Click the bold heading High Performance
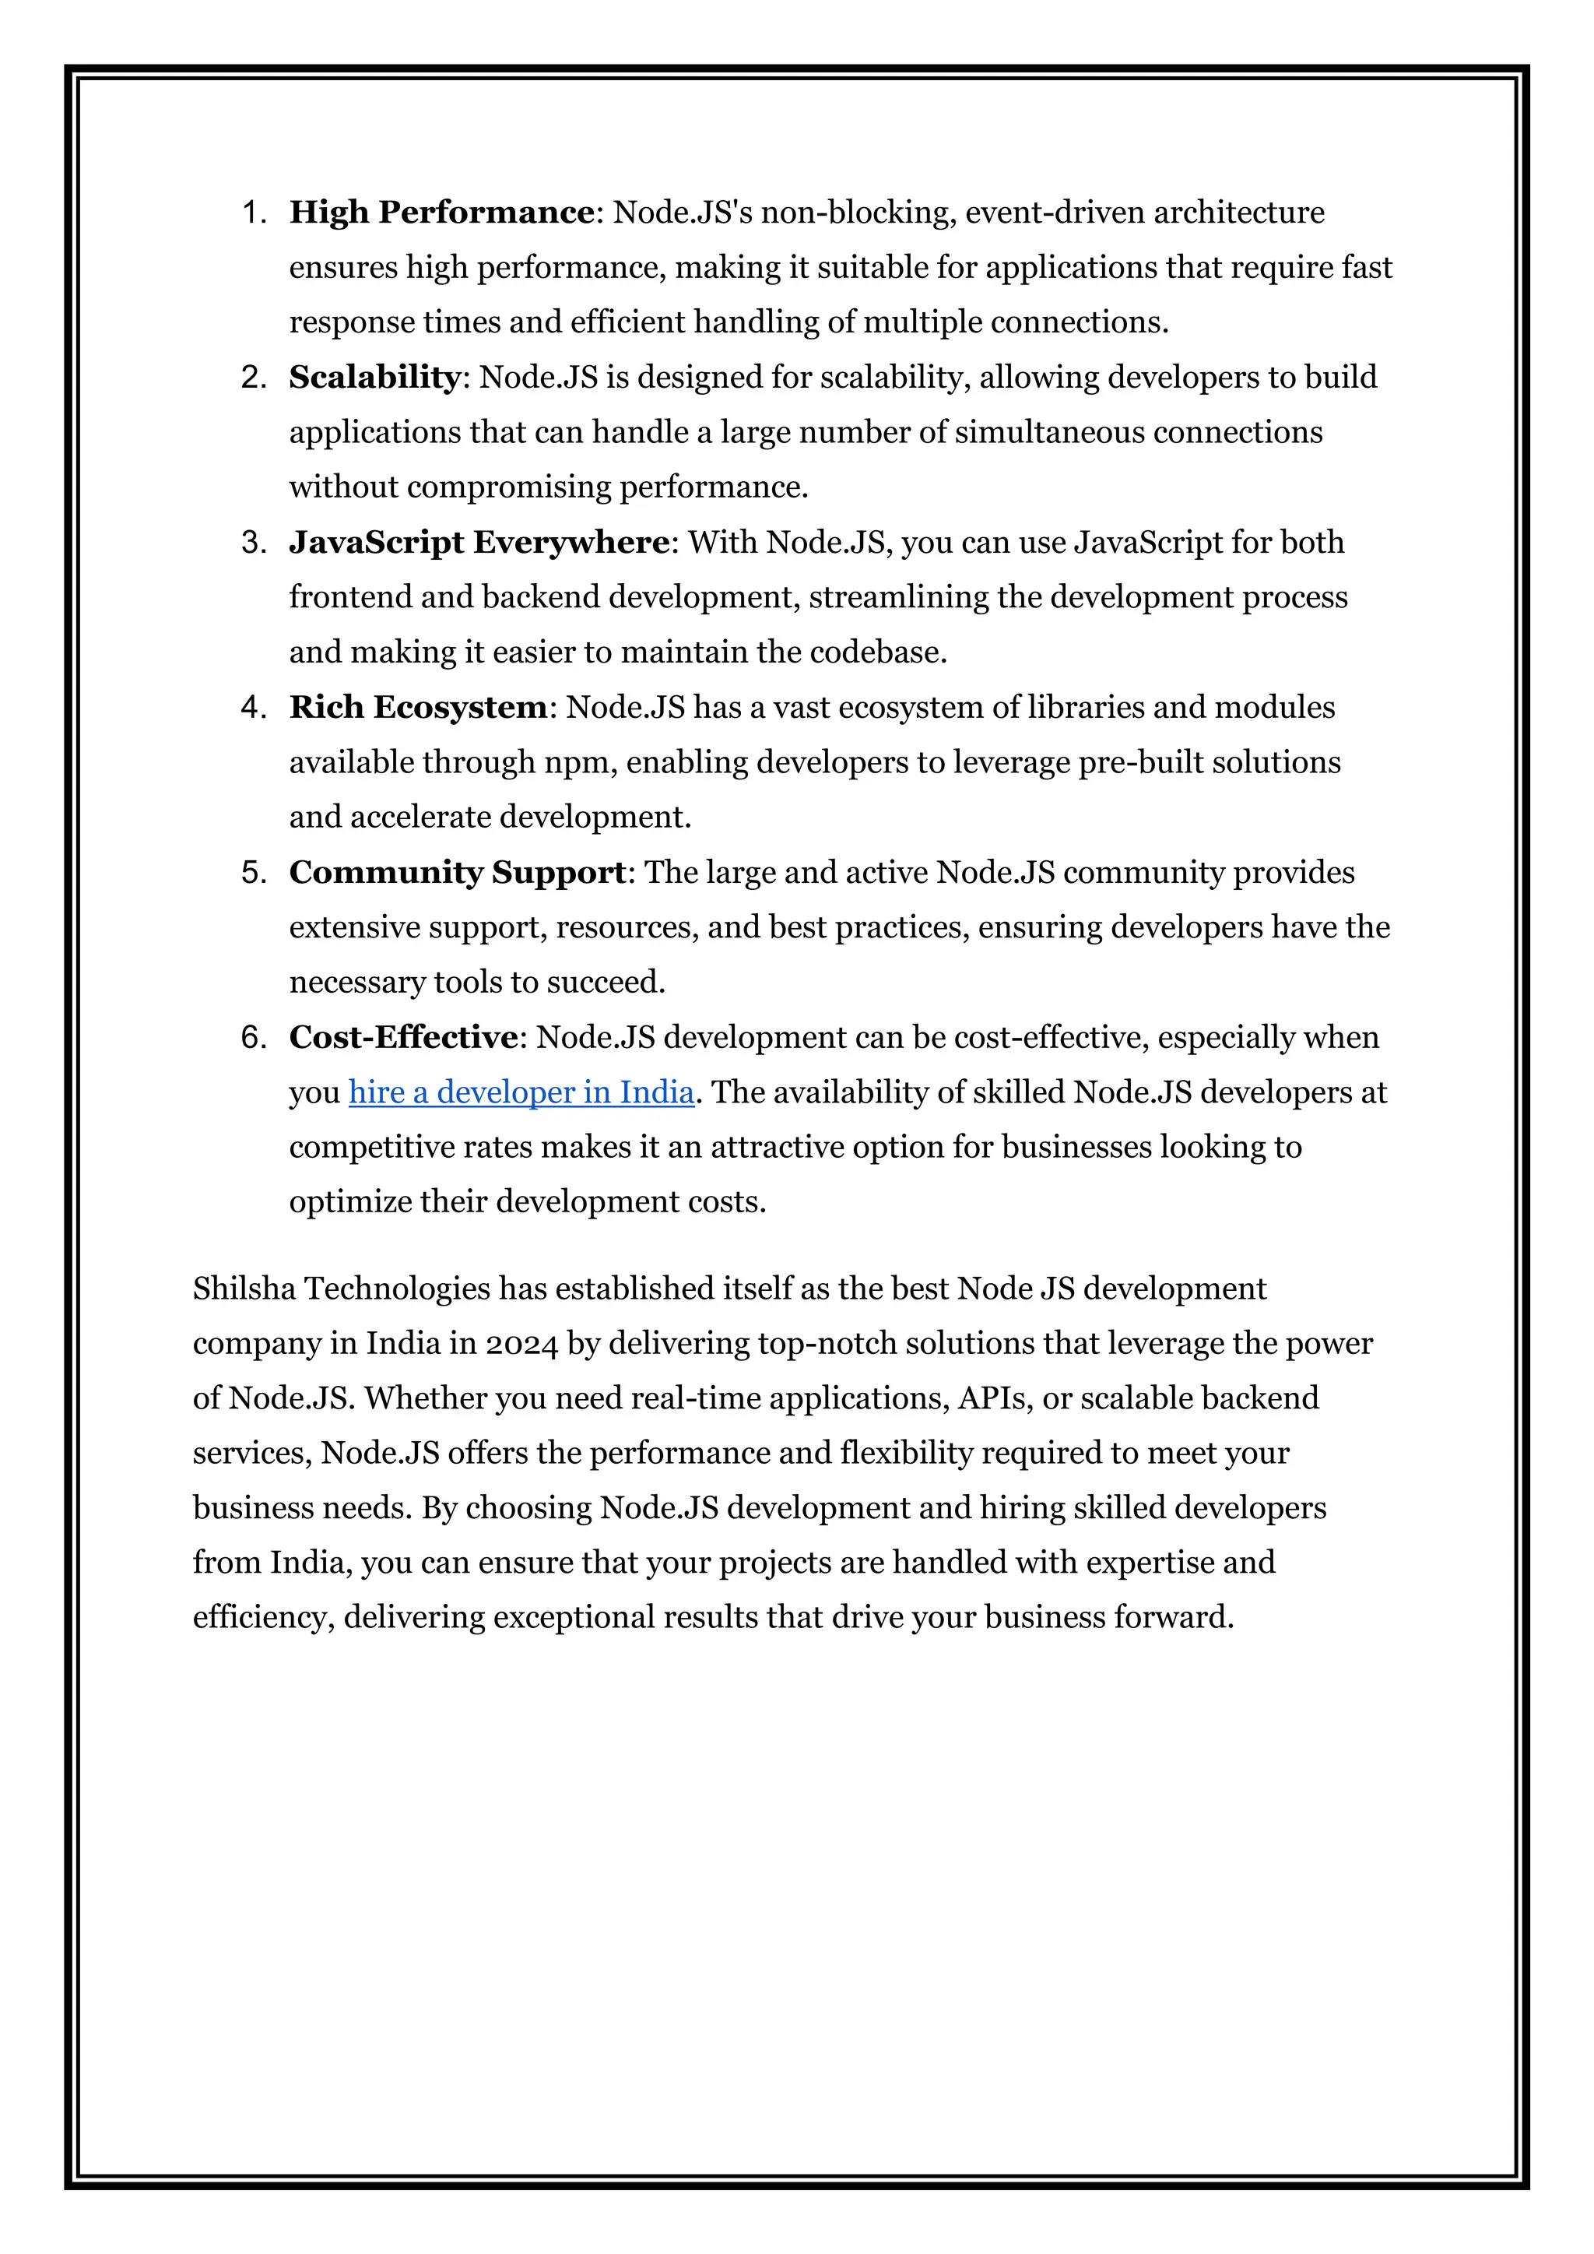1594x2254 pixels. (441, 213)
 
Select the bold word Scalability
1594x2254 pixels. (374, 378)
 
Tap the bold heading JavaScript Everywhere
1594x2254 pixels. (479, 543)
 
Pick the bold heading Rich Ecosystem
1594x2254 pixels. (418, 708)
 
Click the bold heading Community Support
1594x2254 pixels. (458, 873)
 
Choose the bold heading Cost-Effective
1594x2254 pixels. (403, 1038)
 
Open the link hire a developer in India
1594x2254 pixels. (521, 1092)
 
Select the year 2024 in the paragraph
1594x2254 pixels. (521, 1344)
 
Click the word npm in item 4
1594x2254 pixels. (580, 763)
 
